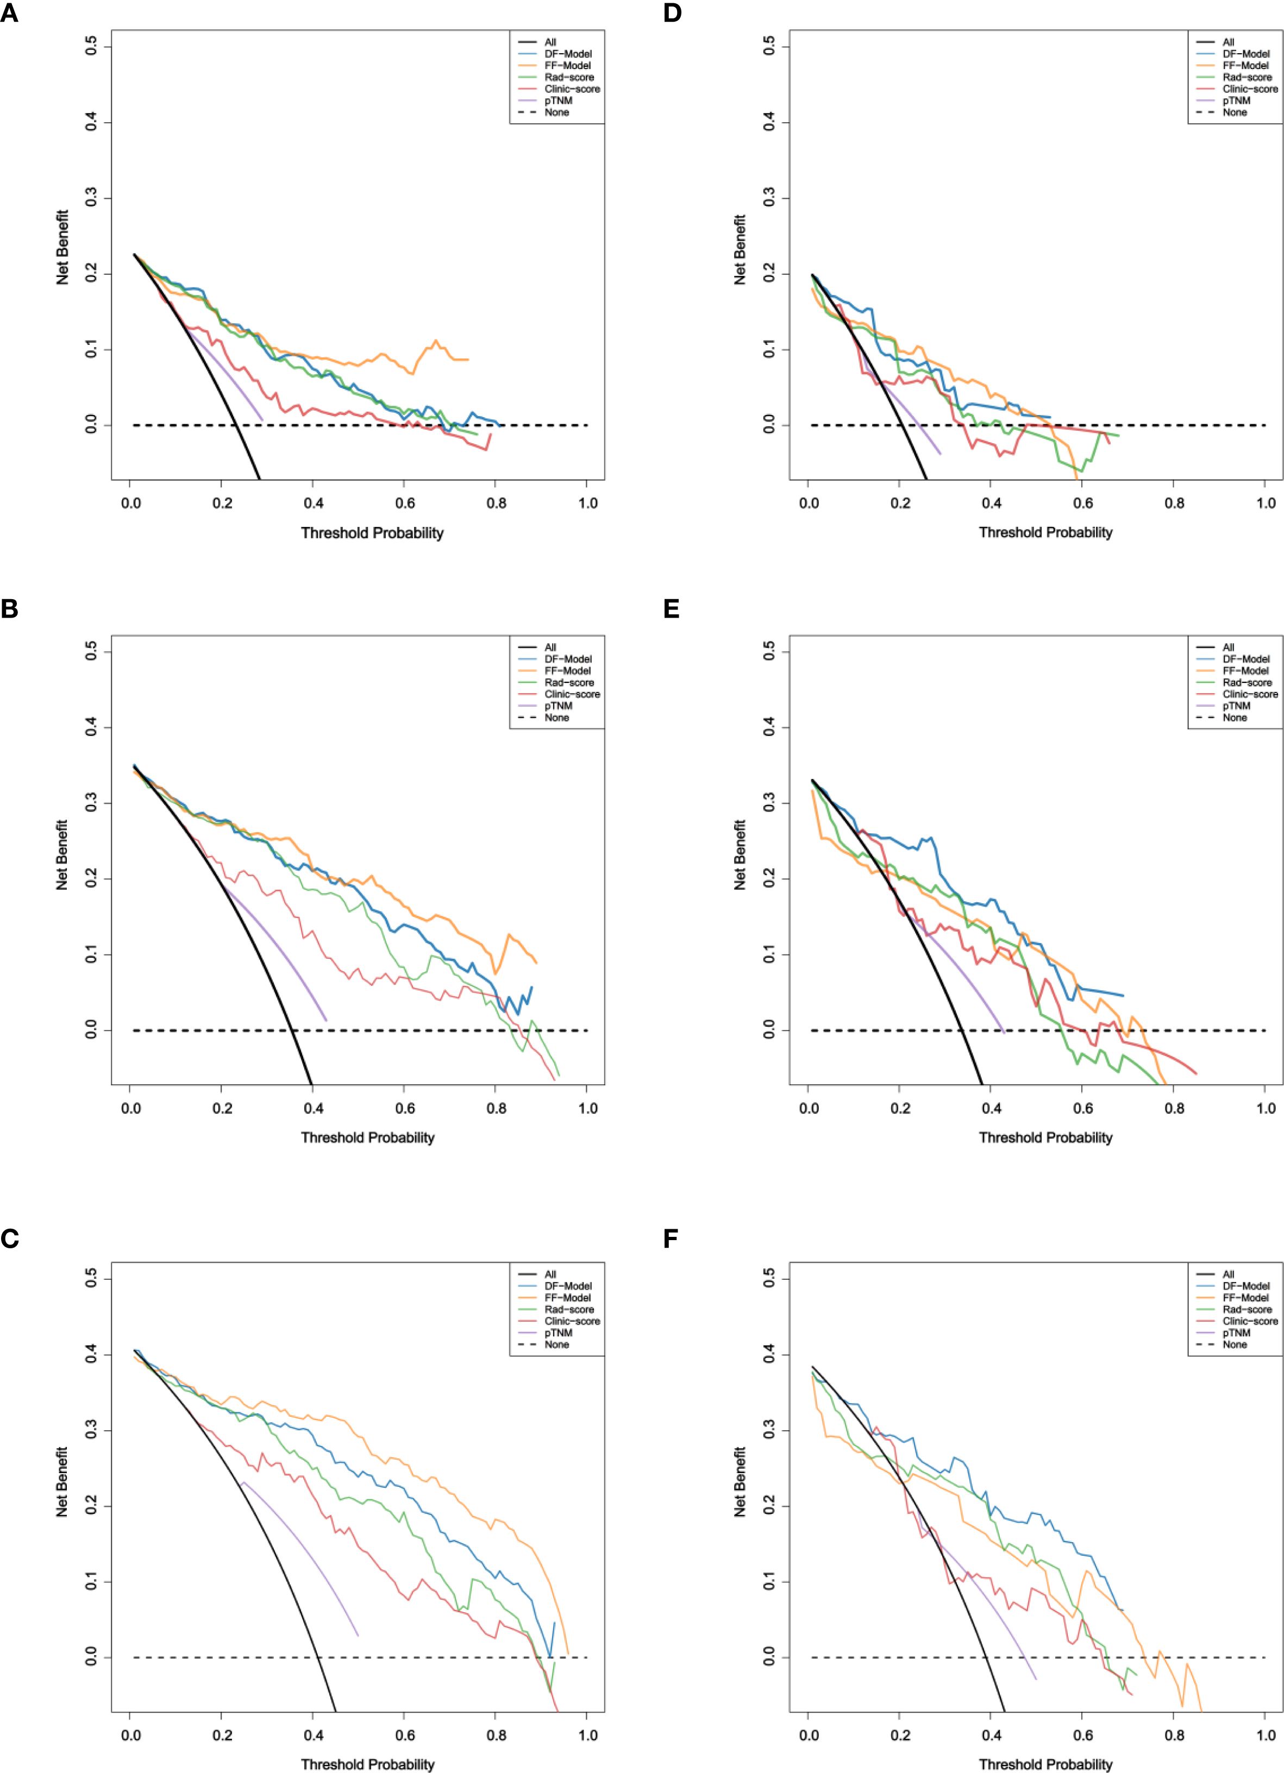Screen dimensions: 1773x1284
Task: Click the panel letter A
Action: pyautogui.click(x=9, y=14)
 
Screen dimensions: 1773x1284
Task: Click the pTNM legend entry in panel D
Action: pyautogui.click(x=1236, y=101)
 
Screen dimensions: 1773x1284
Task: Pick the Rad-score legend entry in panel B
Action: pyautogui.click(x=570, y=682)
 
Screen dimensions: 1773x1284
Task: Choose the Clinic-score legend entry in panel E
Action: pyautogui.click(x=1250, y=694)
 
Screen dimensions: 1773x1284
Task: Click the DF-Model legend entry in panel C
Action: pyautogui.click(x=568, y=1286)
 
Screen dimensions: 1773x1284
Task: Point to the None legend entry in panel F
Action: pyautogui.click(x=1235, y=1344)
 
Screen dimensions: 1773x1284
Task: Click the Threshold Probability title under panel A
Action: pyautogui.click(x=372, y=533)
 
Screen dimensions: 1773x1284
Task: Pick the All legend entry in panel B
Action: pyautogui.click(x=550, y=647)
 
